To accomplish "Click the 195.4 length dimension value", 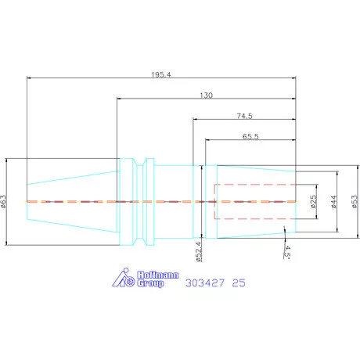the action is click(161, 74).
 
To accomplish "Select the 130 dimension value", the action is click(206, 95).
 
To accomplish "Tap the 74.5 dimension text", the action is click(244, 116).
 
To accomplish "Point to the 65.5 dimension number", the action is click(250, 136).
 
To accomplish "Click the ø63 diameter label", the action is click(3, 201).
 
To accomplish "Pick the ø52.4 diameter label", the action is click(199, 252).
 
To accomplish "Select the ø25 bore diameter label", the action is click(313, 201).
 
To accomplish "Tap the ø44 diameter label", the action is click(334, 202).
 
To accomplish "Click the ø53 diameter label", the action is click(355, 202).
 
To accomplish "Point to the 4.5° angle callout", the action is click(286, 252).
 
